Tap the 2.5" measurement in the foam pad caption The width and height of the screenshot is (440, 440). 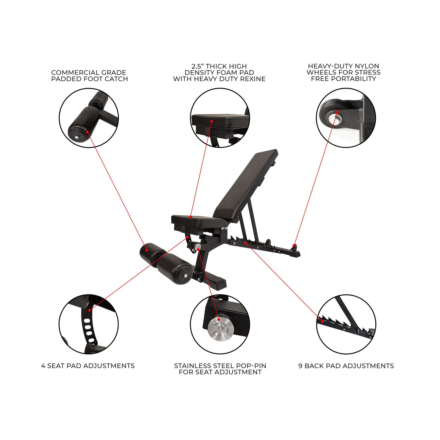pyautogui.click(x=198, y=66)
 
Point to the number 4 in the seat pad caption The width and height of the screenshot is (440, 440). pyautogui.click(x=43, y=366)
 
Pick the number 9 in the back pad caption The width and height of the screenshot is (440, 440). pyautogui.click(x=300, y=366)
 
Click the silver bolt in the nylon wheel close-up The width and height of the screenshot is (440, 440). pyautogui.click(x=334, y=118)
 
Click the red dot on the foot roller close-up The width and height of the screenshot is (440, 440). pyautogui.click(x=87, y=132)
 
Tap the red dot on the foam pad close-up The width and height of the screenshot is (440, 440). pyautogui.click(x=212, y=121)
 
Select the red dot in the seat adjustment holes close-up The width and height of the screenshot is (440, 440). pyautogui.click(x=90, y=310)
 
